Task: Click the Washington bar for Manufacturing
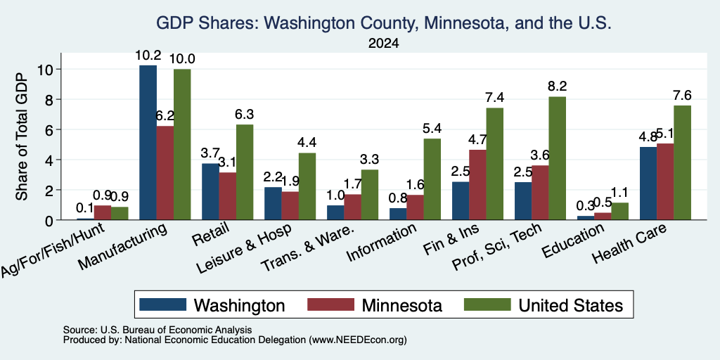pos(148,143)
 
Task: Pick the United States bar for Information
pos(432,179)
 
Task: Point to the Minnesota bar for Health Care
pos(665,182)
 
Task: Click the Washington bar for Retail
pos(210,192)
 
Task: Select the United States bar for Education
pos(619,212)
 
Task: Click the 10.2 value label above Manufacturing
pos(148,56)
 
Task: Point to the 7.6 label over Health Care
pos(682,96)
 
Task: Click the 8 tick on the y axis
pos(50,100)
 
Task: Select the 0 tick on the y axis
pos(50,220)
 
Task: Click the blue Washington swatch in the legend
pos(162,304)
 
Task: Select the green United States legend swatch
pos(487,304)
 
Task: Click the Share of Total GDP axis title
pos(22,136)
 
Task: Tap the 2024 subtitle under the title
pos(383,44)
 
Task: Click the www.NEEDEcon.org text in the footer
pos(358,340)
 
